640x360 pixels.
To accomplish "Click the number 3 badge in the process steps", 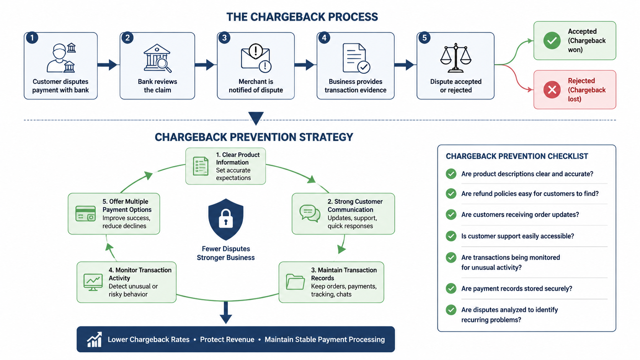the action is coord(224,38).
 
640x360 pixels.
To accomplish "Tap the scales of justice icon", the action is coord(456,58).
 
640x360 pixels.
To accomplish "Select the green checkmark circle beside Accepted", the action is coord(552,41).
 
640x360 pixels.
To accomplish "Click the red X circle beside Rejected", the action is coord(552,90).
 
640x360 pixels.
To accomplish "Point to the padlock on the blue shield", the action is coord(226,218).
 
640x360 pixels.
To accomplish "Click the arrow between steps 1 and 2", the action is coord(107,65).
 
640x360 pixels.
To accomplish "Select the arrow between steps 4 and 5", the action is coord(404,65).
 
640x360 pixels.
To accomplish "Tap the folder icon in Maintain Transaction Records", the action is coord(295,282).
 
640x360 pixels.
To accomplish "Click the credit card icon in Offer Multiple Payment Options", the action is coord(85,213).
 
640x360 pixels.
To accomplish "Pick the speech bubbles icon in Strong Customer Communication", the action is coord(310,213).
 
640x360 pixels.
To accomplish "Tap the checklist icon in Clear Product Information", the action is coord(201,166).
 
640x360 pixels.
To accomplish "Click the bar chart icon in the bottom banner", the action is coord(95,339).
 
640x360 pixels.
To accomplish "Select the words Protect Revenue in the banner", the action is coord(227,339).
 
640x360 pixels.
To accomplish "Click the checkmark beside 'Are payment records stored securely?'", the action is coord(451,288).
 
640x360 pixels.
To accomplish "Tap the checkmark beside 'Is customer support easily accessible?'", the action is coord(451,236).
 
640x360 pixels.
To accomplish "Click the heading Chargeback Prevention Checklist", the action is coord(517,156).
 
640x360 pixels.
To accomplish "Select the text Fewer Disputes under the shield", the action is coord(226,249).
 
